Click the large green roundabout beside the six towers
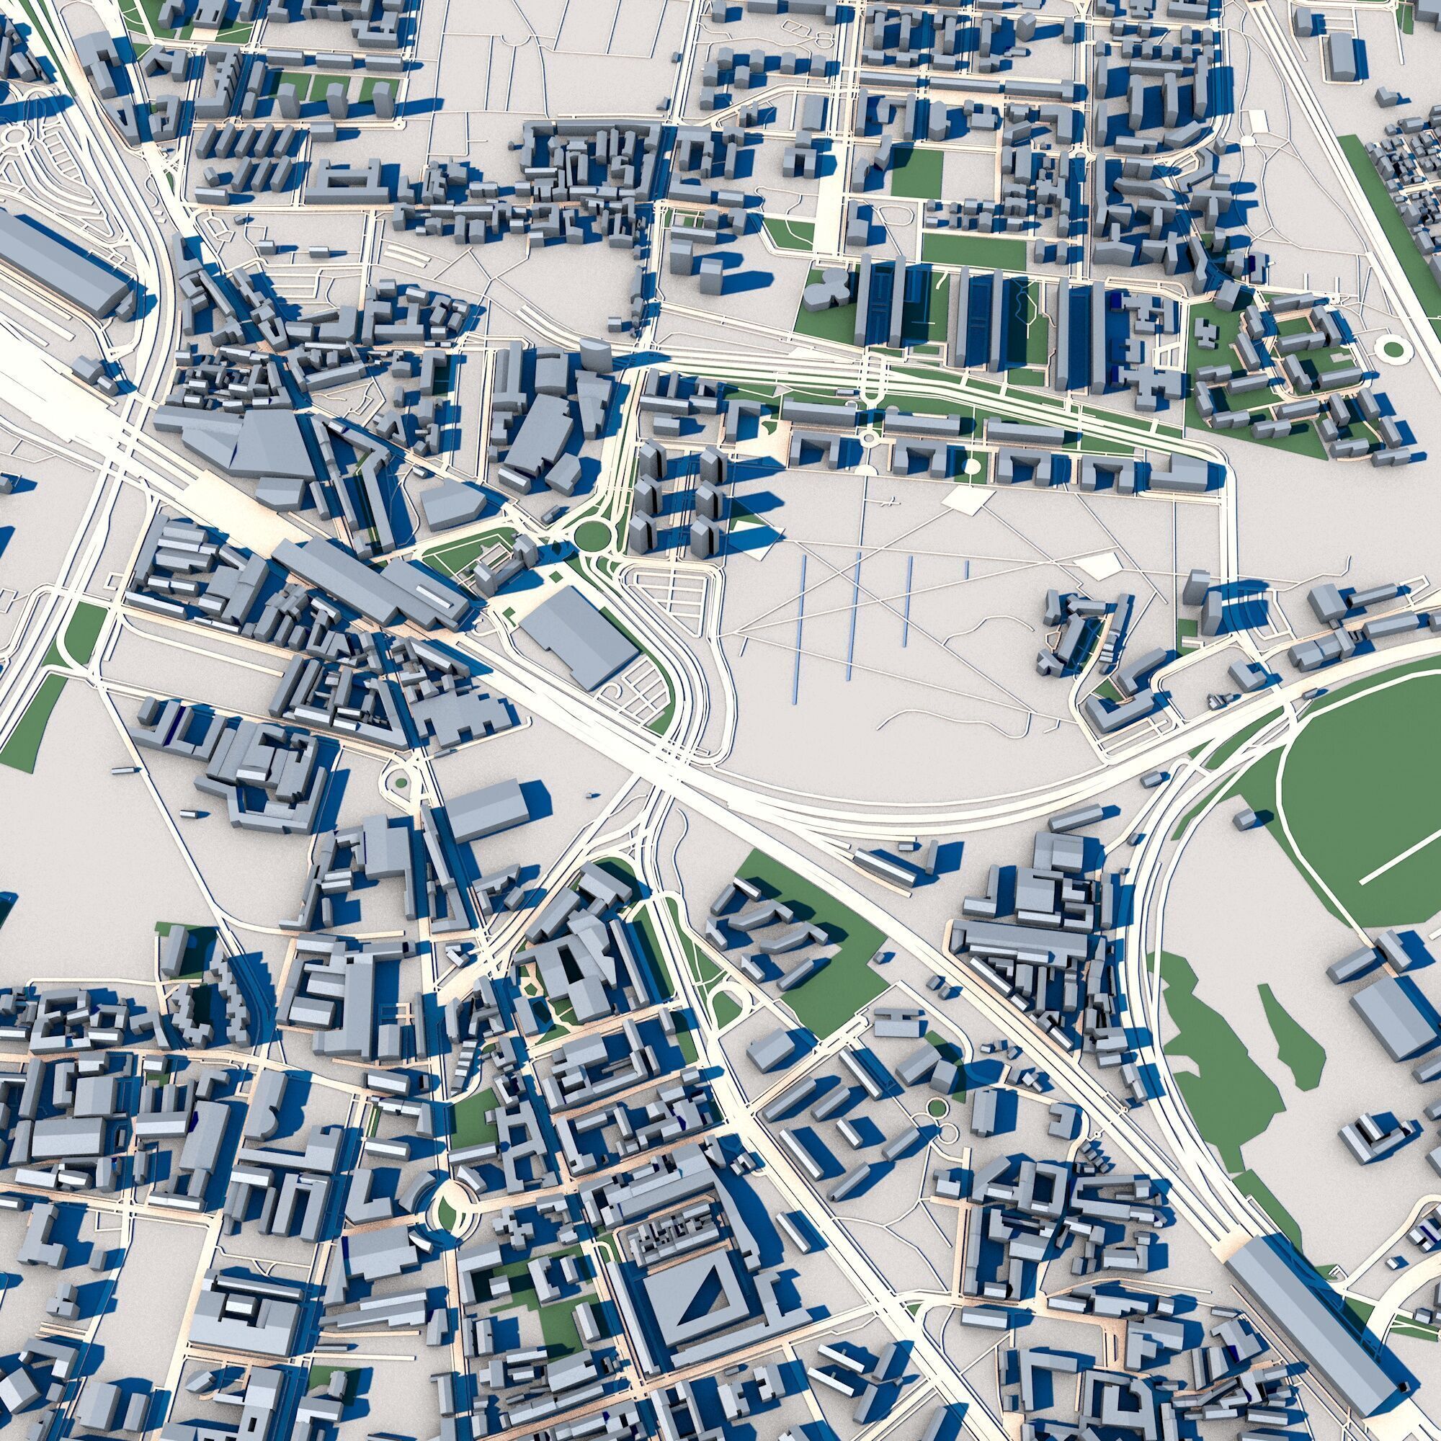coord(591,535)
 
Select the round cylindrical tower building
coord(594,355)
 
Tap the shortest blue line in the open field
coord(967,568)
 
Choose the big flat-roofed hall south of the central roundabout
coord(578,634)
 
